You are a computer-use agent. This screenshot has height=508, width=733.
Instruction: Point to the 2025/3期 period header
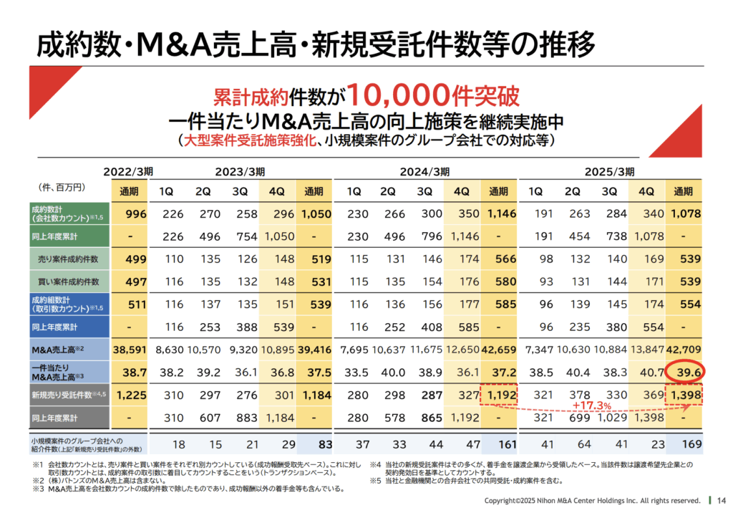pyautogui.click(x=610, y=172)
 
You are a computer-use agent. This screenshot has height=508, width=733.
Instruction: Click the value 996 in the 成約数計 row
pyautogui.click(x=135, y=214)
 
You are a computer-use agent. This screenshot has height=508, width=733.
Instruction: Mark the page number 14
pyautogui.click(x=721, y=499)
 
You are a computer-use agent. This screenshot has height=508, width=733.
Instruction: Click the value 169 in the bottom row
pyautogui.click(x=684, y=444)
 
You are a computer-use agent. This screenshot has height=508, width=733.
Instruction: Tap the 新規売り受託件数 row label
pyautogui.click(x=64, y=393)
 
